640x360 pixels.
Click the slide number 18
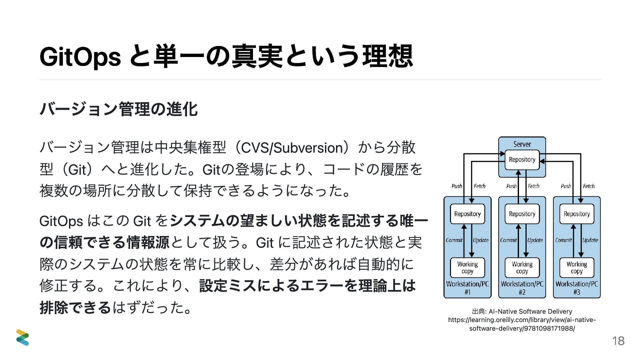618,341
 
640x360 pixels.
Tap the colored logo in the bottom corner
23,337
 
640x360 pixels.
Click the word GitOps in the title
80,57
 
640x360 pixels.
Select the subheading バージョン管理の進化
119,109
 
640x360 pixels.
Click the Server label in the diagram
522,144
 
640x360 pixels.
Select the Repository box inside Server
522,160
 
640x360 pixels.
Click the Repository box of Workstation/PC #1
467,214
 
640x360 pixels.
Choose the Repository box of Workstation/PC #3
577,214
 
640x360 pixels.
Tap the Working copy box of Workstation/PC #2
522,267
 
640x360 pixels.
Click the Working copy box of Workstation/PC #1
467,267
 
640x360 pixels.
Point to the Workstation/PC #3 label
577,288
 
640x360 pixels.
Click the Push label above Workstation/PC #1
457,186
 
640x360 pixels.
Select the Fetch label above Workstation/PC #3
589,186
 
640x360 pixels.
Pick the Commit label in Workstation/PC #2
508,240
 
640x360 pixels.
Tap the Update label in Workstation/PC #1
481,240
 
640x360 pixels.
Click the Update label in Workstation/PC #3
590,240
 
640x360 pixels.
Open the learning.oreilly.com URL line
522,320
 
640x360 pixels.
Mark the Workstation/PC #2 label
522,288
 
